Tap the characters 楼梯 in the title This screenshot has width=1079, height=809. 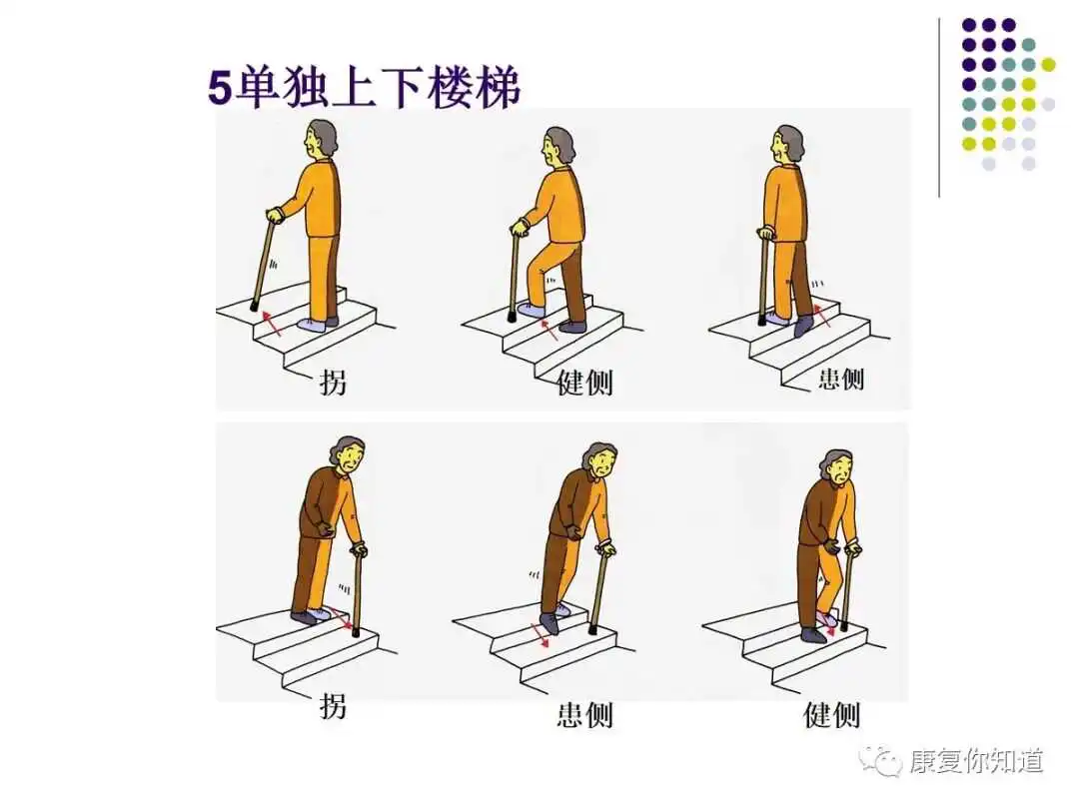(474, 88)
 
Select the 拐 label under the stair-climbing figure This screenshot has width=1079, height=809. (333, 383)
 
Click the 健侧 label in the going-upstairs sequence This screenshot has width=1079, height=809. (584, 384)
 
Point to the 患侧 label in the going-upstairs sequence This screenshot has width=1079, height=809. (841, 379)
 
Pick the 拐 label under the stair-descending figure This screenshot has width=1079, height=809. (333, 706)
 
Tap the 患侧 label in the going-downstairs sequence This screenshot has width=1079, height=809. (584, 715)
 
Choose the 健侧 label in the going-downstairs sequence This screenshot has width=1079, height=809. (832, 715)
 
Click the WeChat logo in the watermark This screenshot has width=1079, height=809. (881, 761)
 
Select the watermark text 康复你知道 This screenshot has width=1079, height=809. (976, 761)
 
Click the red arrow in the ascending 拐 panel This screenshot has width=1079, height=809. (271, 323)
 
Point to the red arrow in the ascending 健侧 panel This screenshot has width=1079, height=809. (548, 329)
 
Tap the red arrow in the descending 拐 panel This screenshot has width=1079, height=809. (342, 618)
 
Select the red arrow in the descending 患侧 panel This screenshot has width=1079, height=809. (540, 635)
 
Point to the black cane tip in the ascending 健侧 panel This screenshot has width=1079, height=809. (512, 318)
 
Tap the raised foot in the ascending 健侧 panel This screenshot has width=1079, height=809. (532, 311)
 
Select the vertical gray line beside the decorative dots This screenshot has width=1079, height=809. (939, 108)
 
